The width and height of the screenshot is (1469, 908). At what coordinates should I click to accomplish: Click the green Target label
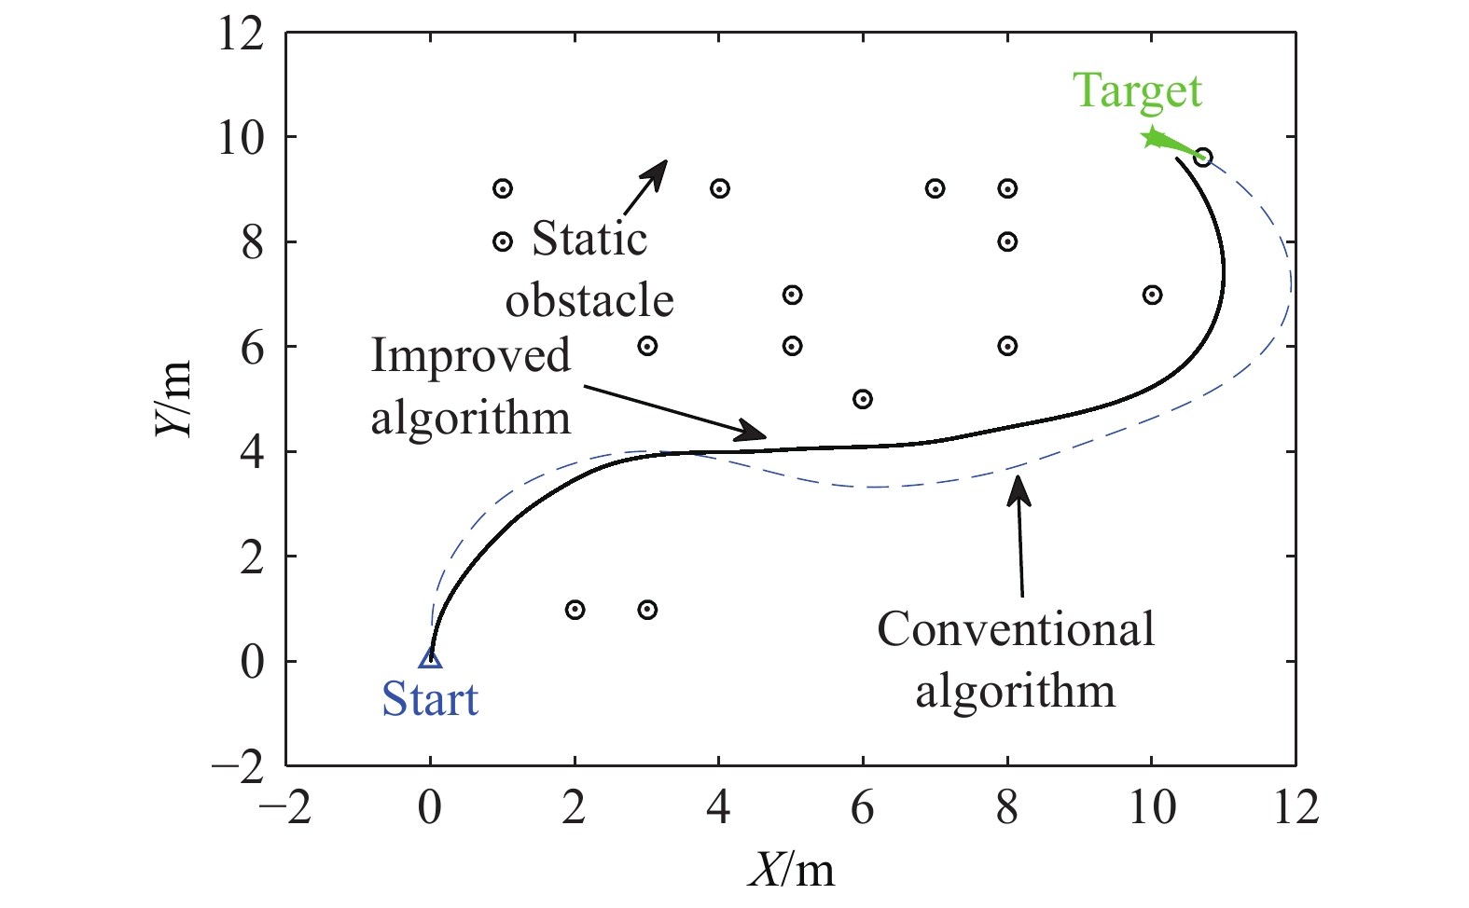click(1137, 92)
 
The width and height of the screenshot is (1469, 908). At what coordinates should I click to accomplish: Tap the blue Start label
click(430, 699)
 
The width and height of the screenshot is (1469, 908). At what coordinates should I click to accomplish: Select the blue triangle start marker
click(430, 658)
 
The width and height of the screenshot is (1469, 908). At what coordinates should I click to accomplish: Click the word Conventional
click(1016, 629)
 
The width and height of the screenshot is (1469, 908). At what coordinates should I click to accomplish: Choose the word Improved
click(470, 356)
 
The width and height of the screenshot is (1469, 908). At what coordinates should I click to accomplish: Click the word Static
click(589, 239)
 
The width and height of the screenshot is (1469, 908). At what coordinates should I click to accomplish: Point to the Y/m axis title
click(174, 399)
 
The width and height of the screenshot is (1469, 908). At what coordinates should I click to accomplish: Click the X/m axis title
click(791, 871)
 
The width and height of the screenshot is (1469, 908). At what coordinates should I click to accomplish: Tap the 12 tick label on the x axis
click(1296, 807)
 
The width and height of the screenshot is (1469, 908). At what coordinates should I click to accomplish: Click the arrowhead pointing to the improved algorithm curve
click(754, 432)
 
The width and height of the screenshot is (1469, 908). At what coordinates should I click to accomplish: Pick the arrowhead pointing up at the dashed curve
click(1019, 488)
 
